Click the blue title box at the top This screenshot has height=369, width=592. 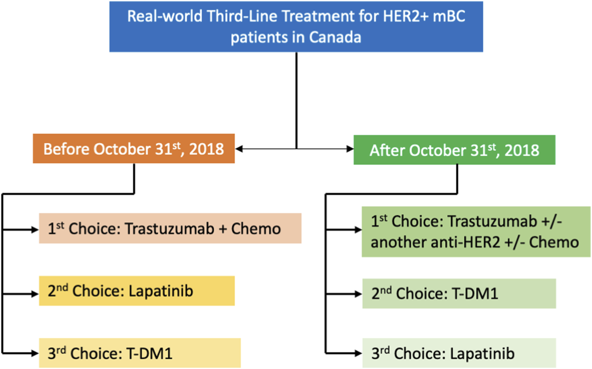pyautogui.click(x=296, y=27)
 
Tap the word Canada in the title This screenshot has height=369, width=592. pyautogui.click(x=335, y=37)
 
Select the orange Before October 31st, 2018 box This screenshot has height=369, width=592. pyautogui.click(x=134, y=149)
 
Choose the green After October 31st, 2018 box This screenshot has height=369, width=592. pyautogui.click(x=454, y=150)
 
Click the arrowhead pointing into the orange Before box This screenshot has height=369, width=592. pyautogui.click(x=239, y=149)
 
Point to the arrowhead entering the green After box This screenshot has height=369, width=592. pyautogui.click(x=350, y=149)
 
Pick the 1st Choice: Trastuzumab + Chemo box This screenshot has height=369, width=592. pyautogui.click(x=170, y=228)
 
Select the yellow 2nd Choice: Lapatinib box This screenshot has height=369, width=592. pyautogui.click(x=137, y=291)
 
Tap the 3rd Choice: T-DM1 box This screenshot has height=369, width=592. pyautogui.click(x=140, y=353)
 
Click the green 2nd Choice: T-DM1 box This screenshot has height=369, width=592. pyautogui.click(x=459, y=294)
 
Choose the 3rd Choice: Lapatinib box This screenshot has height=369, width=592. pyautogui.click(x=459, y=353)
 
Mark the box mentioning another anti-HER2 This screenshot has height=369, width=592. pyautogui.click(x=476, y=232)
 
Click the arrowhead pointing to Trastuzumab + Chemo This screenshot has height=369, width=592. pyautogui.click(x=35, y=230)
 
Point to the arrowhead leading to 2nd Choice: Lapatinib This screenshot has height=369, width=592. pyautogui.click(x=35, y=294)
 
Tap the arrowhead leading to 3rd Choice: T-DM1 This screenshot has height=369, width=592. pyautogui.click(x=35, y=353)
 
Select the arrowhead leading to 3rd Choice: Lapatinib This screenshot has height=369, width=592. pyautogui.click(x=358, y=353)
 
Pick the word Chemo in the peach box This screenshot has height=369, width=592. pyautogui.click(x=256, y=229)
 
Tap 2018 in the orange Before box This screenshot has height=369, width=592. pyautogui.click(x=206, y=149)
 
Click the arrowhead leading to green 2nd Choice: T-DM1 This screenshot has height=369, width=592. pyautogui.click(x=358, y=294)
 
